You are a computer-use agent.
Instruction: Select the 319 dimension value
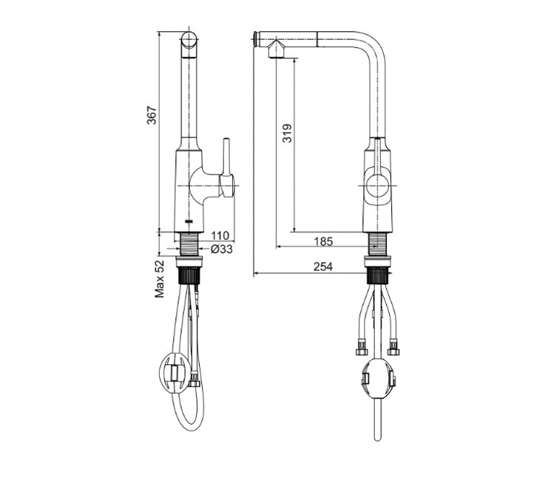pyautogui.click(x=288, y=132)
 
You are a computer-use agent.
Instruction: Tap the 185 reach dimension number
pyautogui.click(x=322, y=240)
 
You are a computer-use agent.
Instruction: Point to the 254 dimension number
pyautogui.click(x=322, y=267)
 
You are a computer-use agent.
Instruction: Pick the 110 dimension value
pyautogui.click(x=219, y=236)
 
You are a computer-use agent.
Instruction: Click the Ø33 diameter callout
pyautogui.click(x=221, y=249)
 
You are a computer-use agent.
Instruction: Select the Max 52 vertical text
pyautogui.click(x=159, y=279)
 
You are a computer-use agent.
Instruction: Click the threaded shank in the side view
pyautogui.click(x=191, y=243)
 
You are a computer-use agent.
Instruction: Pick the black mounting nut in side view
pyautogui.click(x=191, y=276)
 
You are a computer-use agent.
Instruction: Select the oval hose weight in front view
pyautogui.click(x=378, y=379)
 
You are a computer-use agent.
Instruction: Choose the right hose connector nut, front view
pyautogui.click(x=393, y=344)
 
